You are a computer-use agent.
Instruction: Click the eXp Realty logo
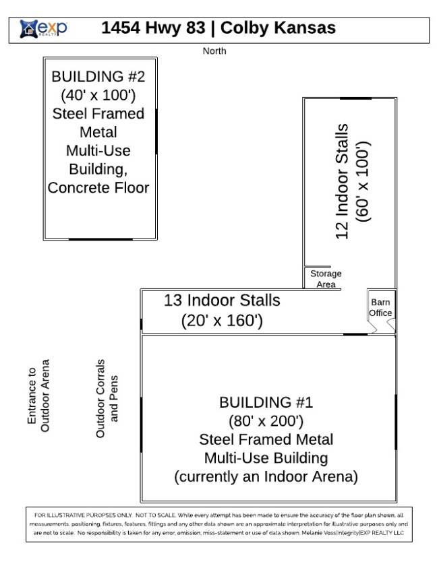pyautogui.click(x=43, y=28)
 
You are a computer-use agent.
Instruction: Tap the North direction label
pyautogui.click(x=214, y=51)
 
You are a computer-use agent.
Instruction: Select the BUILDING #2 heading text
pyautogui.click(x=98, y=77)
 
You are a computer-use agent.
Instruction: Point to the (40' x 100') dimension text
pyautogui.click(x=98, y=95)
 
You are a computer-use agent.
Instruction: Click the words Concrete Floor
pyautogui.click(x=98, y=188)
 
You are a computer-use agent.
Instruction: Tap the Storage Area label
pyautogui.click(x=326, y=279)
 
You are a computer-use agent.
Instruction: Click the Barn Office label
pyautogui.click(x=380, y=307)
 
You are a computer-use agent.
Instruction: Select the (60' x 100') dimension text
pyautogui.click(x=363, y=181)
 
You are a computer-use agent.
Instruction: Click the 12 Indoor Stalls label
pyautogui.click(x=342, y=181)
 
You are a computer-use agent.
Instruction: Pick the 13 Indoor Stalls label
pyautogui.click(x=222, y=301)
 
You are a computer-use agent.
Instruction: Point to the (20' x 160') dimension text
pyautogui.click(x=222, y=321)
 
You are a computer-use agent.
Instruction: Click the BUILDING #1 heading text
pyautogui.click(x=266, y=402)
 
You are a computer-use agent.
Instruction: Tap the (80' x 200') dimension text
pyautogui.click(x=266, y=421)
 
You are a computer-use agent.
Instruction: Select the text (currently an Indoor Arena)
pyautogui.click(x=266, y=476)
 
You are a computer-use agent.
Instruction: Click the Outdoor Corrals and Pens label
pyautogui.click(x=107, y=398)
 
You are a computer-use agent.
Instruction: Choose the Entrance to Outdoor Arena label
pyautogui.click(x=38, y=396)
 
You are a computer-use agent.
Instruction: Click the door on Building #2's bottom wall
pyautogui.click(x=100, y=239)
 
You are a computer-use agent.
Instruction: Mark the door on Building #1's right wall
pyautogui.click(x=396, y=422)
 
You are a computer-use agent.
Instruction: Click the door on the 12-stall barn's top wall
pyautogui.click(x=356, y=98)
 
